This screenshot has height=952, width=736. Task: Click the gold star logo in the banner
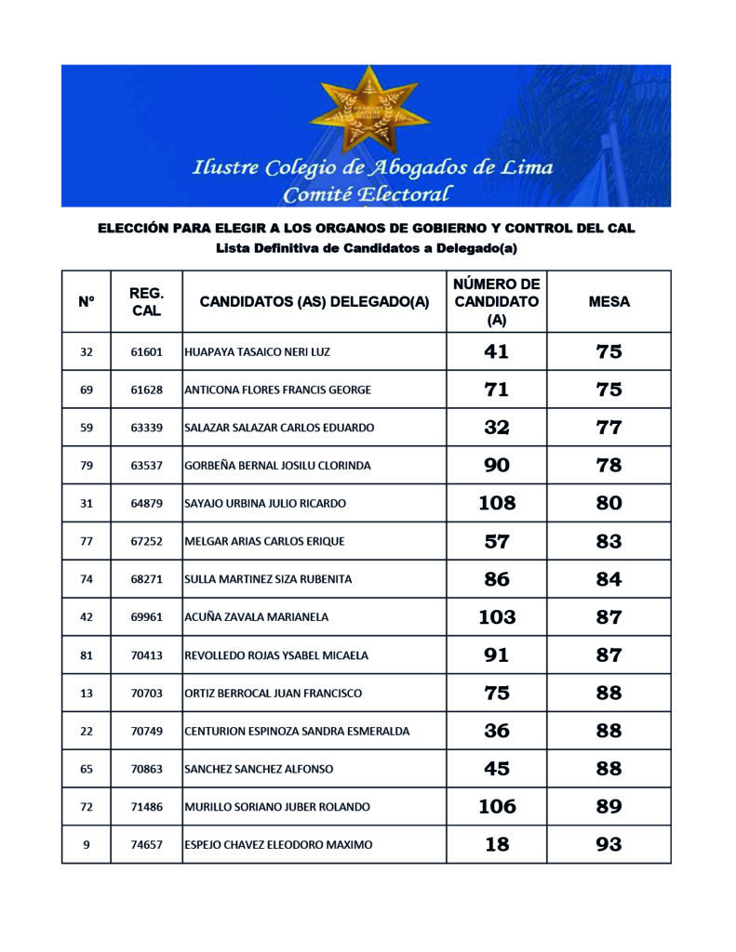pyautogui.click(x=368, y=110)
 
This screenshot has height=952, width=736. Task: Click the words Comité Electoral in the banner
pyautogui.click(x=368, y=194)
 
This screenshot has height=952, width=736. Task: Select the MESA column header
pyautogui.click(x=609, y=301)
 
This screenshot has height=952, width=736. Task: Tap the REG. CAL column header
pyautogui.click(x=146, y=301)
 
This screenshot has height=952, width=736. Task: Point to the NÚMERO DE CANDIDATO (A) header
pyautogui.click(x=496, y=301)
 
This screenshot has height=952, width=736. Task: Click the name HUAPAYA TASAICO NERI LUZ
pyautogui.click(x=258, y=352)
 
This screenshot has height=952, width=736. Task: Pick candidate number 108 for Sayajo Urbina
pyautogui.click(x=496, y=504)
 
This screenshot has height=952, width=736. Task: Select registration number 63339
pyautogui.click(x=146, y=428)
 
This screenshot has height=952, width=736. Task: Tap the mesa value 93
pyautogui.click(x=609, y=845)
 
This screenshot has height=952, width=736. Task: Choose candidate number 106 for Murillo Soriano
pyautogui.click(x=496, y=807)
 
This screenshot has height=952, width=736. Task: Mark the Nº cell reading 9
pyautogui.click(x=87, y=845)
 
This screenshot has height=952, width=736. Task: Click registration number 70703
pyautogui.click(x=146, y=694)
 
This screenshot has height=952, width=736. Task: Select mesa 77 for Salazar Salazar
pyautogui.click(x=609, y=428)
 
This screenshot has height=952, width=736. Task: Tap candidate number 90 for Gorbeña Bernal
pyautogui.click(x=496, y=466)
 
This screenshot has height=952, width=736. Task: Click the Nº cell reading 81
pyautogui.click(x=87, y=655)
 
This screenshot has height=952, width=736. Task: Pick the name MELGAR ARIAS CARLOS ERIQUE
pyautogui.click(x=264, y=542)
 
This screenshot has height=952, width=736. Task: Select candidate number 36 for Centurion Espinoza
pyautogui.click(x=496, y=732)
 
